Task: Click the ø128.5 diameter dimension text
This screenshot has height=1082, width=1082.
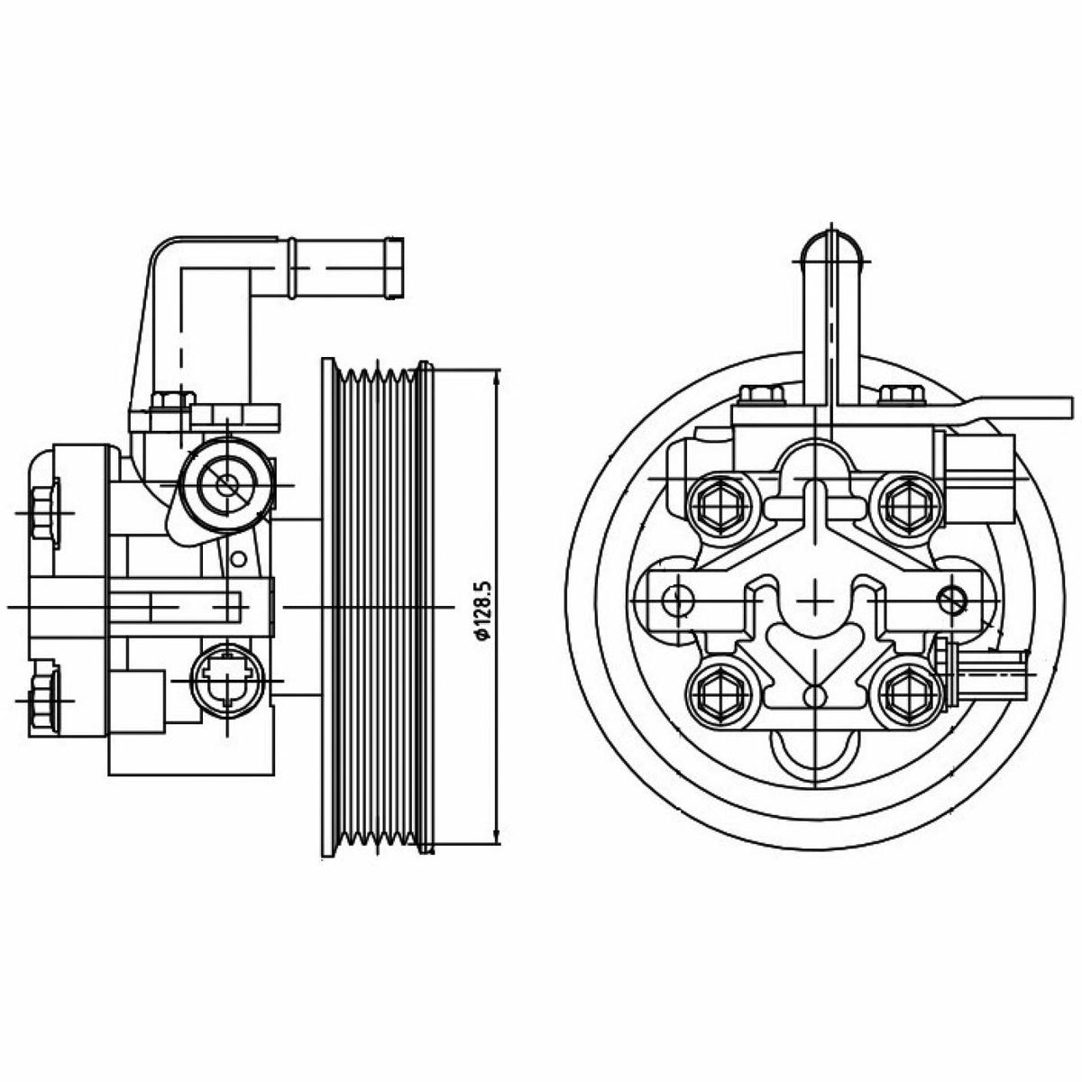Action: click(x=483, y=610)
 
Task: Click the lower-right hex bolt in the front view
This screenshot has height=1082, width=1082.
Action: click(x=904, y=696)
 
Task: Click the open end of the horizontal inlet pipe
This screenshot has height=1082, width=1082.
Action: click(x=395, y=268)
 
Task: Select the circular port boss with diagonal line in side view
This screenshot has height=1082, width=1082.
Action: click(x=227, y=484)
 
